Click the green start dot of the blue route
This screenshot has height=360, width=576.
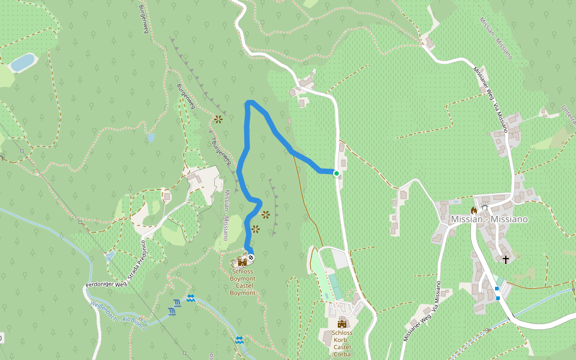[337, 173]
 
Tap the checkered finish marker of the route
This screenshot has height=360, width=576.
[251, 257]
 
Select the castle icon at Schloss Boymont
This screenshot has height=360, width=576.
[242, 262]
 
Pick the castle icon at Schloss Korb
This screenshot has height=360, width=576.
[342, 324]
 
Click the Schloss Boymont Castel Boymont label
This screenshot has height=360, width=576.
[242, 281]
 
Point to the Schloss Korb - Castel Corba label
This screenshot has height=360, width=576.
[342, 343]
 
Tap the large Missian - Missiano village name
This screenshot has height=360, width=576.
[489, 220]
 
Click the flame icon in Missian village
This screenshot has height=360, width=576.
[473, 210]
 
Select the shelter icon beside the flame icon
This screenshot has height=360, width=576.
[484, 208]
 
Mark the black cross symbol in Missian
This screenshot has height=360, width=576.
[506, 259]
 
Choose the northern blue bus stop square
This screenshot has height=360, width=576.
[496, 289]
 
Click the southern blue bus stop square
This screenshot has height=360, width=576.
[498, 298]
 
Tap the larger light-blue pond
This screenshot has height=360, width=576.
[22, 62]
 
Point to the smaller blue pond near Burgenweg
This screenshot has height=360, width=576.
[151, 137]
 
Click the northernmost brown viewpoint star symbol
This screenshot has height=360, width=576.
[218, 119]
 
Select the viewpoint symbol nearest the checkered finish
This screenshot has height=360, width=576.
[256, 229]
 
